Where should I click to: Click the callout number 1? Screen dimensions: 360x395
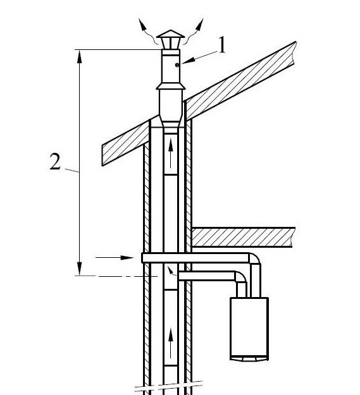221,45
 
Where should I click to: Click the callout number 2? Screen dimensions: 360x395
55,162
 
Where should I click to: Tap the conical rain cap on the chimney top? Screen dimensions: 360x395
171,34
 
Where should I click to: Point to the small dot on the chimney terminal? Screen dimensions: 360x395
177,65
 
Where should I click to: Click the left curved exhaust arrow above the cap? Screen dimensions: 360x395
148,32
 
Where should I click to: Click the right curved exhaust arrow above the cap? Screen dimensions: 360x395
194,32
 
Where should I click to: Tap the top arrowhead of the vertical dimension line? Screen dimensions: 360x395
80,57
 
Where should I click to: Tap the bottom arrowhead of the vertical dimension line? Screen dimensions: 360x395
80,269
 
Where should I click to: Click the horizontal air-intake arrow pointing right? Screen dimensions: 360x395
115,257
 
